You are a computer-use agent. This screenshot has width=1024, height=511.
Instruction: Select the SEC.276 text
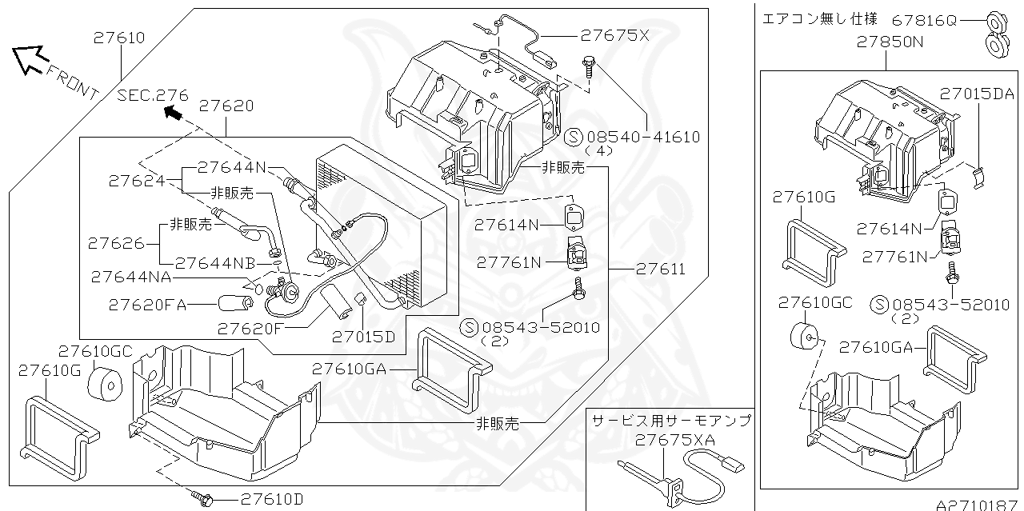(153, 96)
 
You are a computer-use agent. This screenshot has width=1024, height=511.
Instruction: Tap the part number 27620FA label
(147, 305)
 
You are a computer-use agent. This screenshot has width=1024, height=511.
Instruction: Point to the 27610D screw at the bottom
(202, 500)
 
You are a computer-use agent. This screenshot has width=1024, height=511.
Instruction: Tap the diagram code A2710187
(979, 505)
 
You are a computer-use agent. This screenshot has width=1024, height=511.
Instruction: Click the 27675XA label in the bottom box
(675, 439)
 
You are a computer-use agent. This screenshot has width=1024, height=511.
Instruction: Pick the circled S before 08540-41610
(573, 137)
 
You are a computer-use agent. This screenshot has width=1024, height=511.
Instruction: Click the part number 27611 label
(661, 269)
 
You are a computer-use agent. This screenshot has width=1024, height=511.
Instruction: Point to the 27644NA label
(134, 277)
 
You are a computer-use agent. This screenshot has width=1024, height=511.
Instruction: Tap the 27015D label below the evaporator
(364, 337)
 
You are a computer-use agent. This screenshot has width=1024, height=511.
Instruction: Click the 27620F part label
(251, 327)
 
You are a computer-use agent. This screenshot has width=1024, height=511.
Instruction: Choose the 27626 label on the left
(115, 242)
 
